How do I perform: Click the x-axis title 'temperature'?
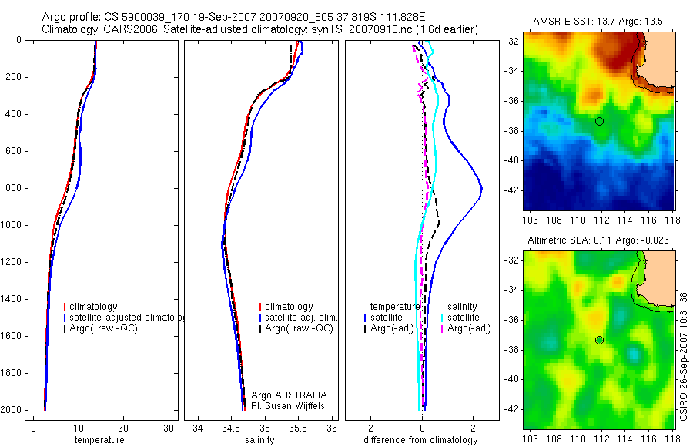99,440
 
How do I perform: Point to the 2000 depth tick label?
12,410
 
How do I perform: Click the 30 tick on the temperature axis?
168,429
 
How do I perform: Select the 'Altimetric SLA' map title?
598,240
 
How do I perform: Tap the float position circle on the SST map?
599,121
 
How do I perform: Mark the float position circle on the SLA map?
599,340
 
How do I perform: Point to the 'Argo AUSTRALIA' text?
283,395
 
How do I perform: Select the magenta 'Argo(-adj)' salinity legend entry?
469,329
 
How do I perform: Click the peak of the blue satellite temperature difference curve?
481,189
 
